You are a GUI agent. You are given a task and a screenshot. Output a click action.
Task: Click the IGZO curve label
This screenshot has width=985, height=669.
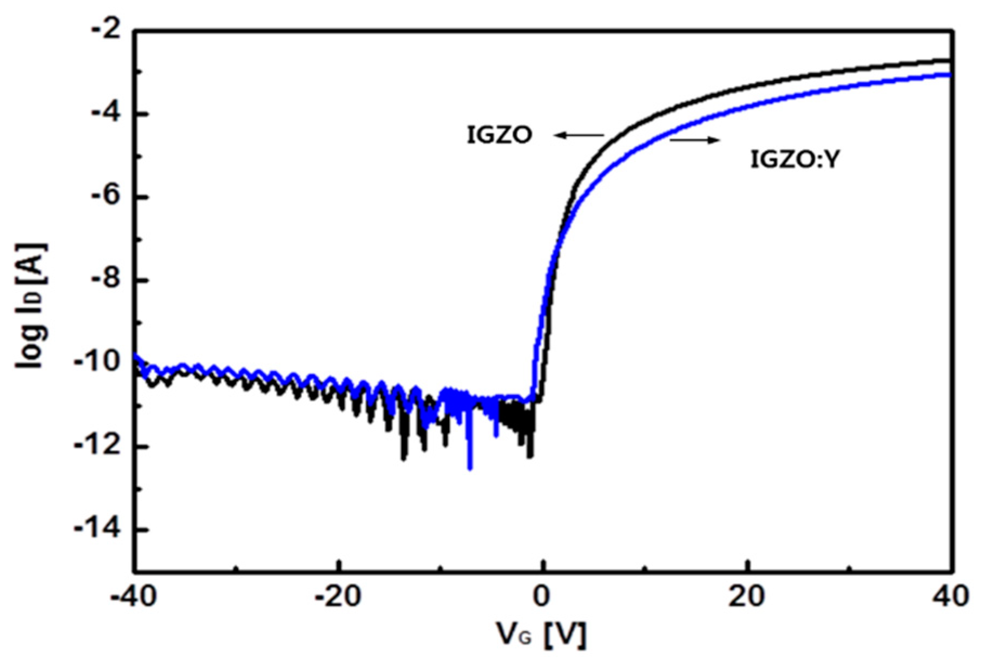click(x=500, y=135)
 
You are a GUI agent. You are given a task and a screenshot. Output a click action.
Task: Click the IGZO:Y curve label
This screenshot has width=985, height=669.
click(x=794, y=160)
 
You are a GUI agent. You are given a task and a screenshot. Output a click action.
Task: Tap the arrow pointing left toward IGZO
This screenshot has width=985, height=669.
click(x=579, y=135)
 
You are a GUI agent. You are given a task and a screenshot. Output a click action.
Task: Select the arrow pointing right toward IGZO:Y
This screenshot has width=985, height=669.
click(x=695, y=141)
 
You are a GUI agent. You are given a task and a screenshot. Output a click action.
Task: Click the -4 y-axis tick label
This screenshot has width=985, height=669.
click(x=106, y=114)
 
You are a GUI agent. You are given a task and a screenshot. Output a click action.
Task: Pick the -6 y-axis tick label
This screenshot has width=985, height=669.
click(x=106, y=197)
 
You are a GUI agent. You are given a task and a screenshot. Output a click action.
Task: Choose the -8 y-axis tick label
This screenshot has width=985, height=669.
click(x=106, y=280)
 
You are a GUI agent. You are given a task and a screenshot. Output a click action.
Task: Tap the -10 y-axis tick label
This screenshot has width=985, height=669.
click(x=101, y=363)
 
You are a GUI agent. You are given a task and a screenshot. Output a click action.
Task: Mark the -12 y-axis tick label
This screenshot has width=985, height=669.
click(x=101, y=447)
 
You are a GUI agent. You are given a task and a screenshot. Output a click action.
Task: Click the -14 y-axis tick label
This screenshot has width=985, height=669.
click(x=101, y=529)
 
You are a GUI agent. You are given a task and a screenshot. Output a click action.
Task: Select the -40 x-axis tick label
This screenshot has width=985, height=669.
click(x=134, y=597)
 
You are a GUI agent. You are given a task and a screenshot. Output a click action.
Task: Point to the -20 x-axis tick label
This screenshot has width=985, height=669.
click(x=338, y=597)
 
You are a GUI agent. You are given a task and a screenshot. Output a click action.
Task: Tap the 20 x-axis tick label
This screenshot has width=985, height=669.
click(x=747, y=597)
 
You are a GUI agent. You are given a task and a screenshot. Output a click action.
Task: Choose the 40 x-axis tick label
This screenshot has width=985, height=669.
click(x=950, y=597)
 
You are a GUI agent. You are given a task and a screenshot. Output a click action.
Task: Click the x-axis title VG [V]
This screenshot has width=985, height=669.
click(x=541, y=634)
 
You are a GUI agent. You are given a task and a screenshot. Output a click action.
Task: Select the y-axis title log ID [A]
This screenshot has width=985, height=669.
click(x=31, y=306)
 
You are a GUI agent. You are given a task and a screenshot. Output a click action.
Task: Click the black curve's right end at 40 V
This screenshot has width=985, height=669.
click(x=949, y=60)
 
